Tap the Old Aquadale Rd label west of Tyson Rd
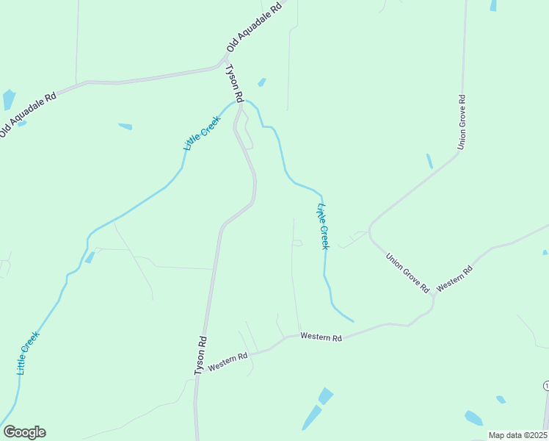click(29, 114)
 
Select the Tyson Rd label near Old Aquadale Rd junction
click(233, 83)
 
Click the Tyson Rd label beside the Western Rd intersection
click(200, 356)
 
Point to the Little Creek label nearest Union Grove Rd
click(322, 226)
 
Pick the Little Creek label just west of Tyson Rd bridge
click(201, 132)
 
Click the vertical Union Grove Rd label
click(462, 121)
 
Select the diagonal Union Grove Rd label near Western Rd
click(407, 273)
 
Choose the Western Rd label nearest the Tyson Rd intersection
click(228, 361)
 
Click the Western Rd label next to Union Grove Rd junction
click(454, 279)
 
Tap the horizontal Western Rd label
click(321, 338)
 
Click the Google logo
click(24, 432)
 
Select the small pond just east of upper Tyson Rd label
click(261, 82)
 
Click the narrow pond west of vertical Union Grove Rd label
click(429, 161)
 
